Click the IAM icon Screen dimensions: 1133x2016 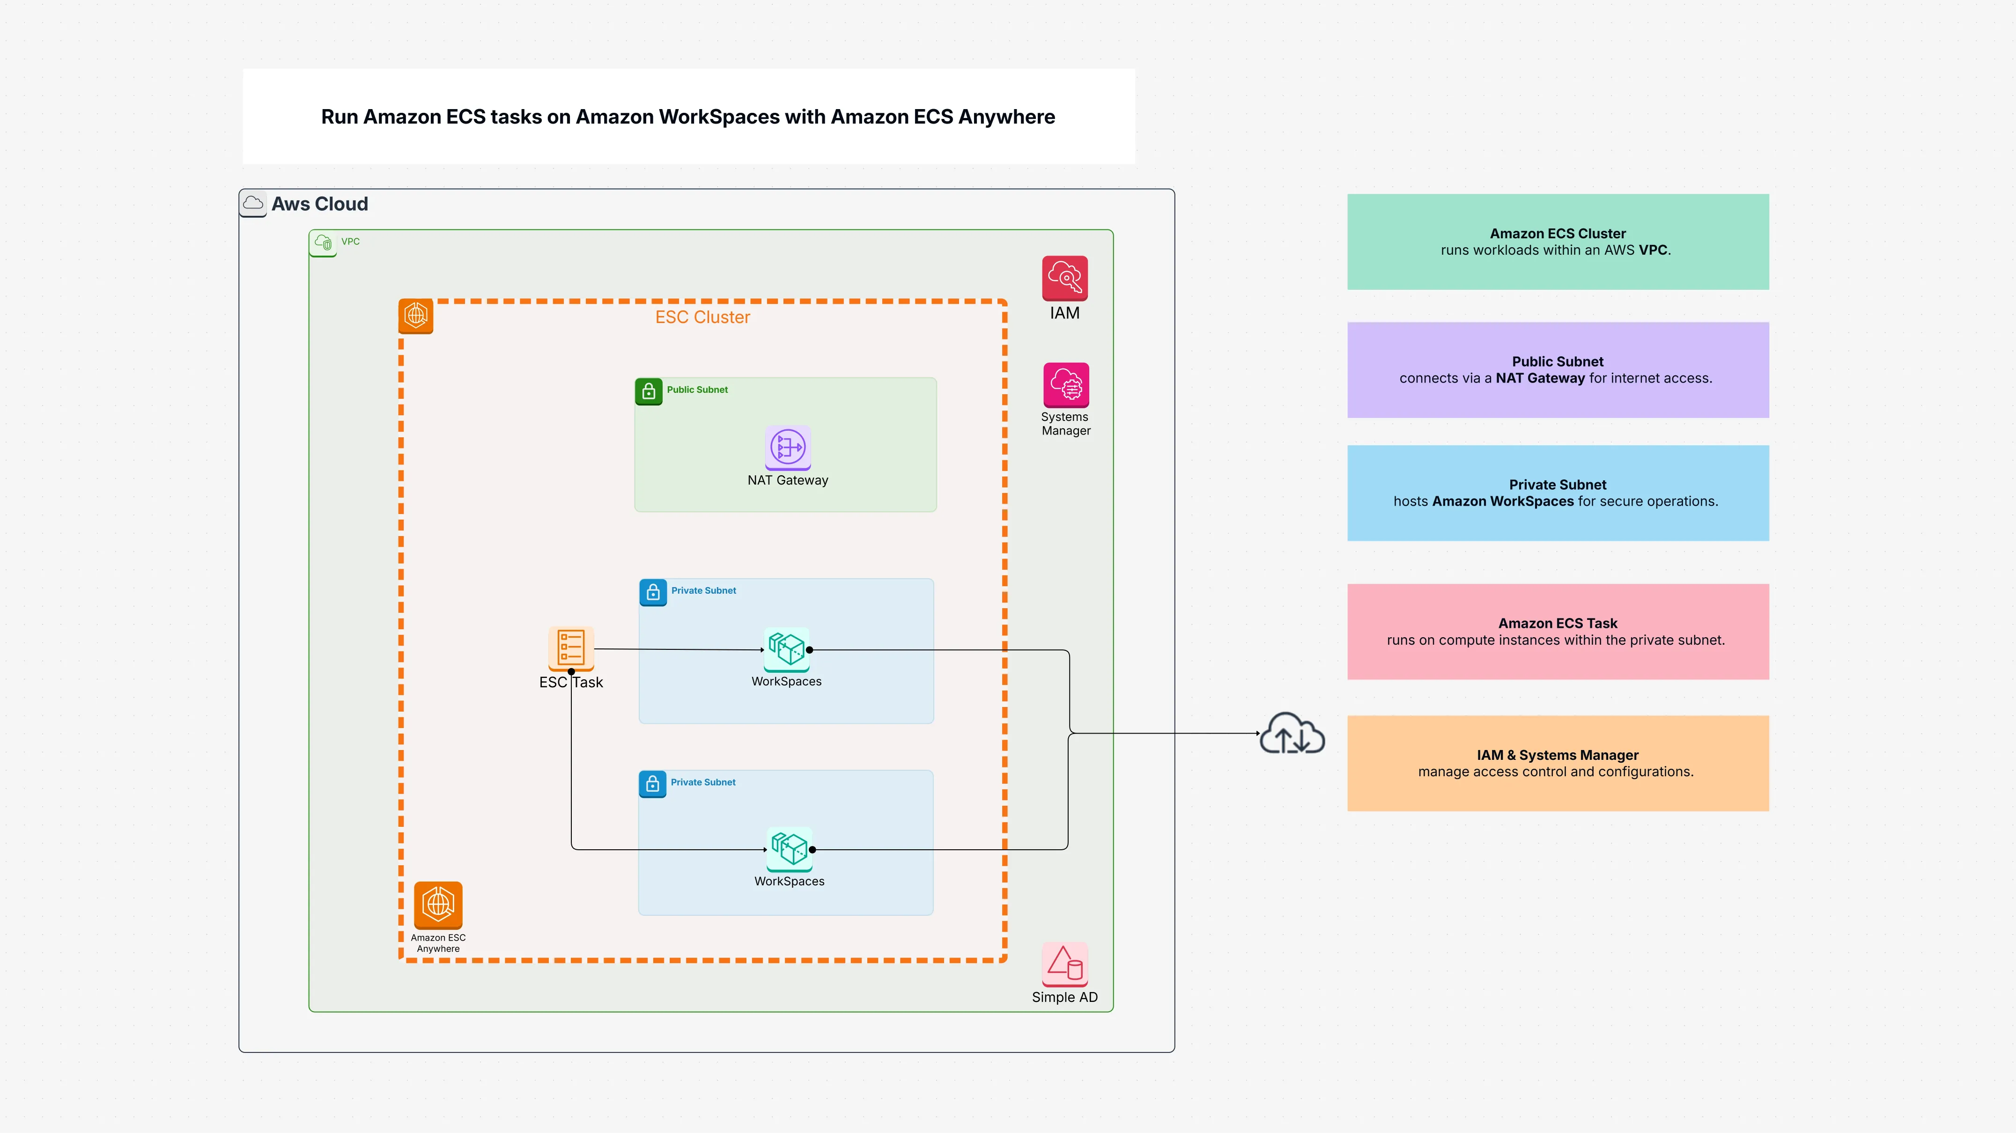coord(1064,278)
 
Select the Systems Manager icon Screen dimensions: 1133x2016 coord(1065,384)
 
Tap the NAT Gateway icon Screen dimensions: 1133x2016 coord(787,448)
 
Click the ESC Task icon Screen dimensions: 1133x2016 coord(570,648)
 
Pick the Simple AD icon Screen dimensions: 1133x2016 coord(1064,964)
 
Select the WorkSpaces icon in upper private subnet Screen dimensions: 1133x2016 coord(787,648)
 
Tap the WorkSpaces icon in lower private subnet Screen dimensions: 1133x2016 coord(789,848)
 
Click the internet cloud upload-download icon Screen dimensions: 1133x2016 coord(1292,734)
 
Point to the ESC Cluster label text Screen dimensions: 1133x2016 coord(702,317)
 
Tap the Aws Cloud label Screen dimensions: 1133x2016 coord(319,204)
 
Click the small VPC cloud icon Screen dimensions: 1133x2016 coord(323,243)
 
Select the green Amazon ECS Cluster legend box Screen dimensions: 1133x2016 coord(1558,242)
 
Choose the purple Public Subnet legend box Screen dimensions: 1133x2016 coord(1558,369)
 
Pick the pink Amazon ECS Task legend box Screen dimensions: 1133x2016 coord(1558,632)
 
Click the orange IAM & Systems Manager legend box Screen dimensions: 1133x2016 coord(1558,763)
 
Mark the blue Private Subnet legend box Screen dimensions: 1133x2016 coord(1558,493)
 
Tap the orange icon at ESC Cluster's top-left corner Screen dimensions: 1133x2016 coord(415,316)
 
